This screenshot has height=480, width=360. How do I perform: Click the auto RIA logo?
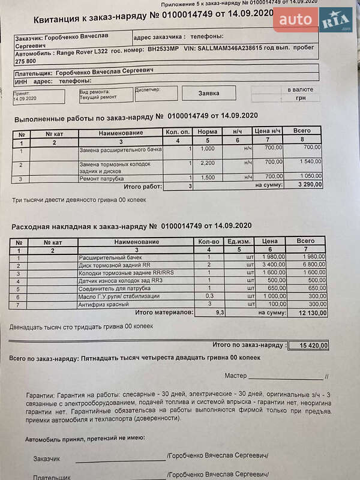(313, 22)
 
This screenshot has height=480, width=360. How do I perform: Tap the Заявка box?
(209, 93)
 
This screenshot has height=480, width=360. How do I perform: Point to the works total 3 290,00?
(308, 185)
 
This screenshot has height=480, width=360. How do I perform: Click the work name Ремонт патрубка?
(101, 178)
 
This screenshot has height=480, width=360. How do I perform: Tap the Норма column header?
(208, 131)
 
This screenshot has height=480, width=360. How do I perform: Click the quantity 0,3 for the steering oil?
(210, 296)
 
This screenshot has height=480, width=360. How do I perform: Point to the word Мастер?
(236, 376)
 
